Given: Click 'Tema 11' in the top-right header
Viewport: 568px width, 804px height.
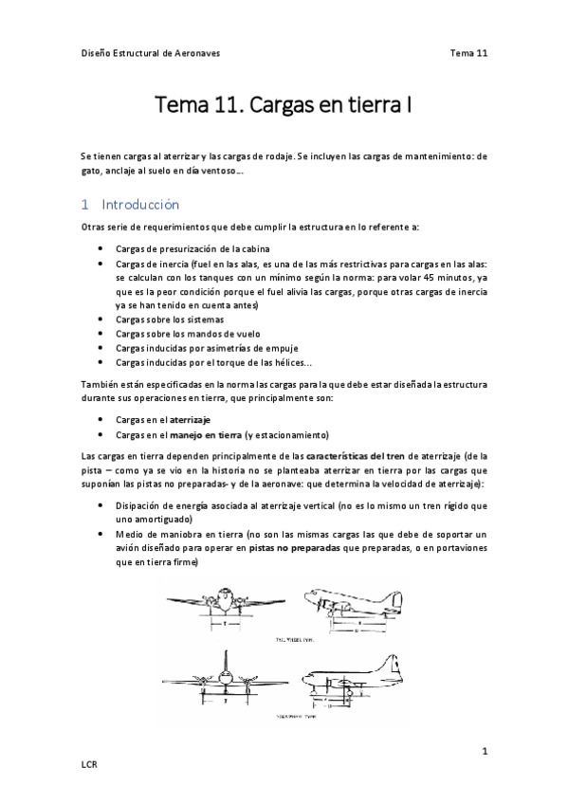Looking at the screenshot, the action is click(x=468, y=53).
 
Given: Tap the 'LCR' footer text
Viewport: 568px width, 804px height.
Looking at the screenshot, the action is click(x=90, y=764).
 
